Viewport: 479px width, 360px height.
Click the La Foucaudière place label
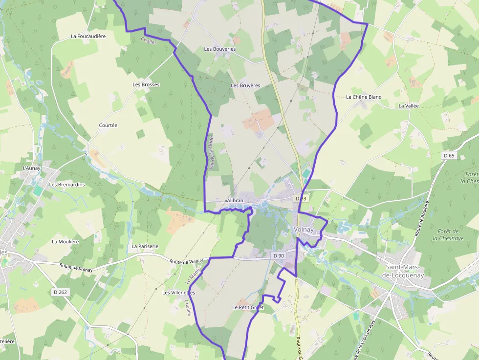click(88, 36)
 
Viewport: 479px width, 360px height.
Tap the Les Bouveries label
click(219, 49)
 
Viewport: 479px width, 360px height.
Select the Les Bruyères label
click(245, 85)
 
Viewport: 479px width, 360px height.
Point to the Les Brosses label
click(146, 85)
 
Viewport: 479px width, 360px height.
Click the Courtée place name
click(108, 126)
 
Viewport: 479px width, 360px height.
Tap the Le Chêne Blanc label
click(363, 97)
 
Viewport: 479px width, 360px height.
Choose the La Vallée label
click(409, 106)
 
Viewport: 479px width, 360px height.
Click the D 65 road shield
click(449, 155)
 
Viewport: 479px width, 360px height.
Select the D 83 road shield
click(301, 198)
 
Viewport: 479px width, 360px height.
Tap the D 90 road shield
click(279, 255)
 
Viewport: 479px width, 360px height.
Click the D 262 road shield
click(60, 292)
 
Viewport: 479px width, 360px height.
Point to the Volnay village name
click(304, 230)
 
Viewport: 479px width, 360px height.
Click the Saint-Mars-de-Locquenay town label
click(405, 271)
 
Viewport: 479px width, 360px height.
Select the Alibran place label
click(235, 201)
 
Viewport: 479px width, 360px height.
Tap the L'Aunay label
click(32, 169)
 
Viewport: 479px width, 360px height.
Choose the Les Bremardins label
click(67, 185)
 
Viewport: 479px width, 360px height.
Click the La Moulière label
click(65, 242)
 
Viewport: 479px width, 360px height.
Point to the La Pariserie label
click(145, 247)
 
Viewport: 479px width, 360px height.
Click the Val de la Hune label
click(211, 153)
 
